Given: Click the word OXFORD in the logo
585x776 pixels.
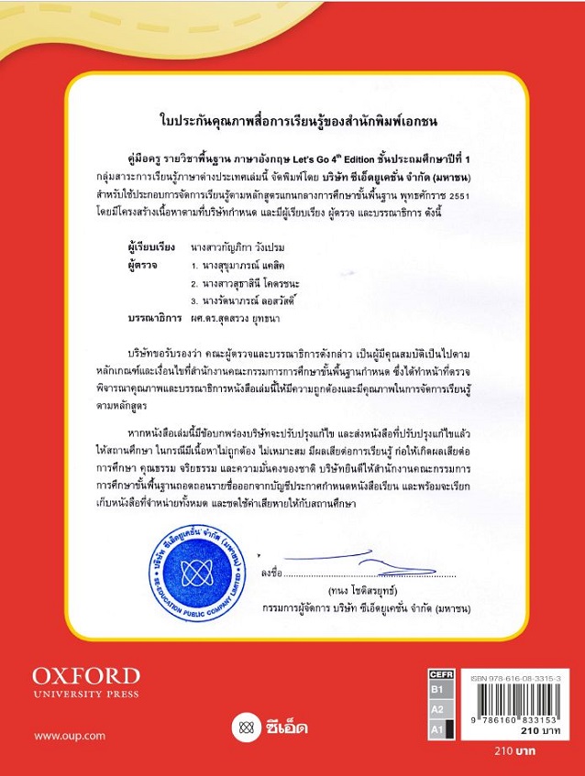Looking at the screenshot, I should click(86, 676).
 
